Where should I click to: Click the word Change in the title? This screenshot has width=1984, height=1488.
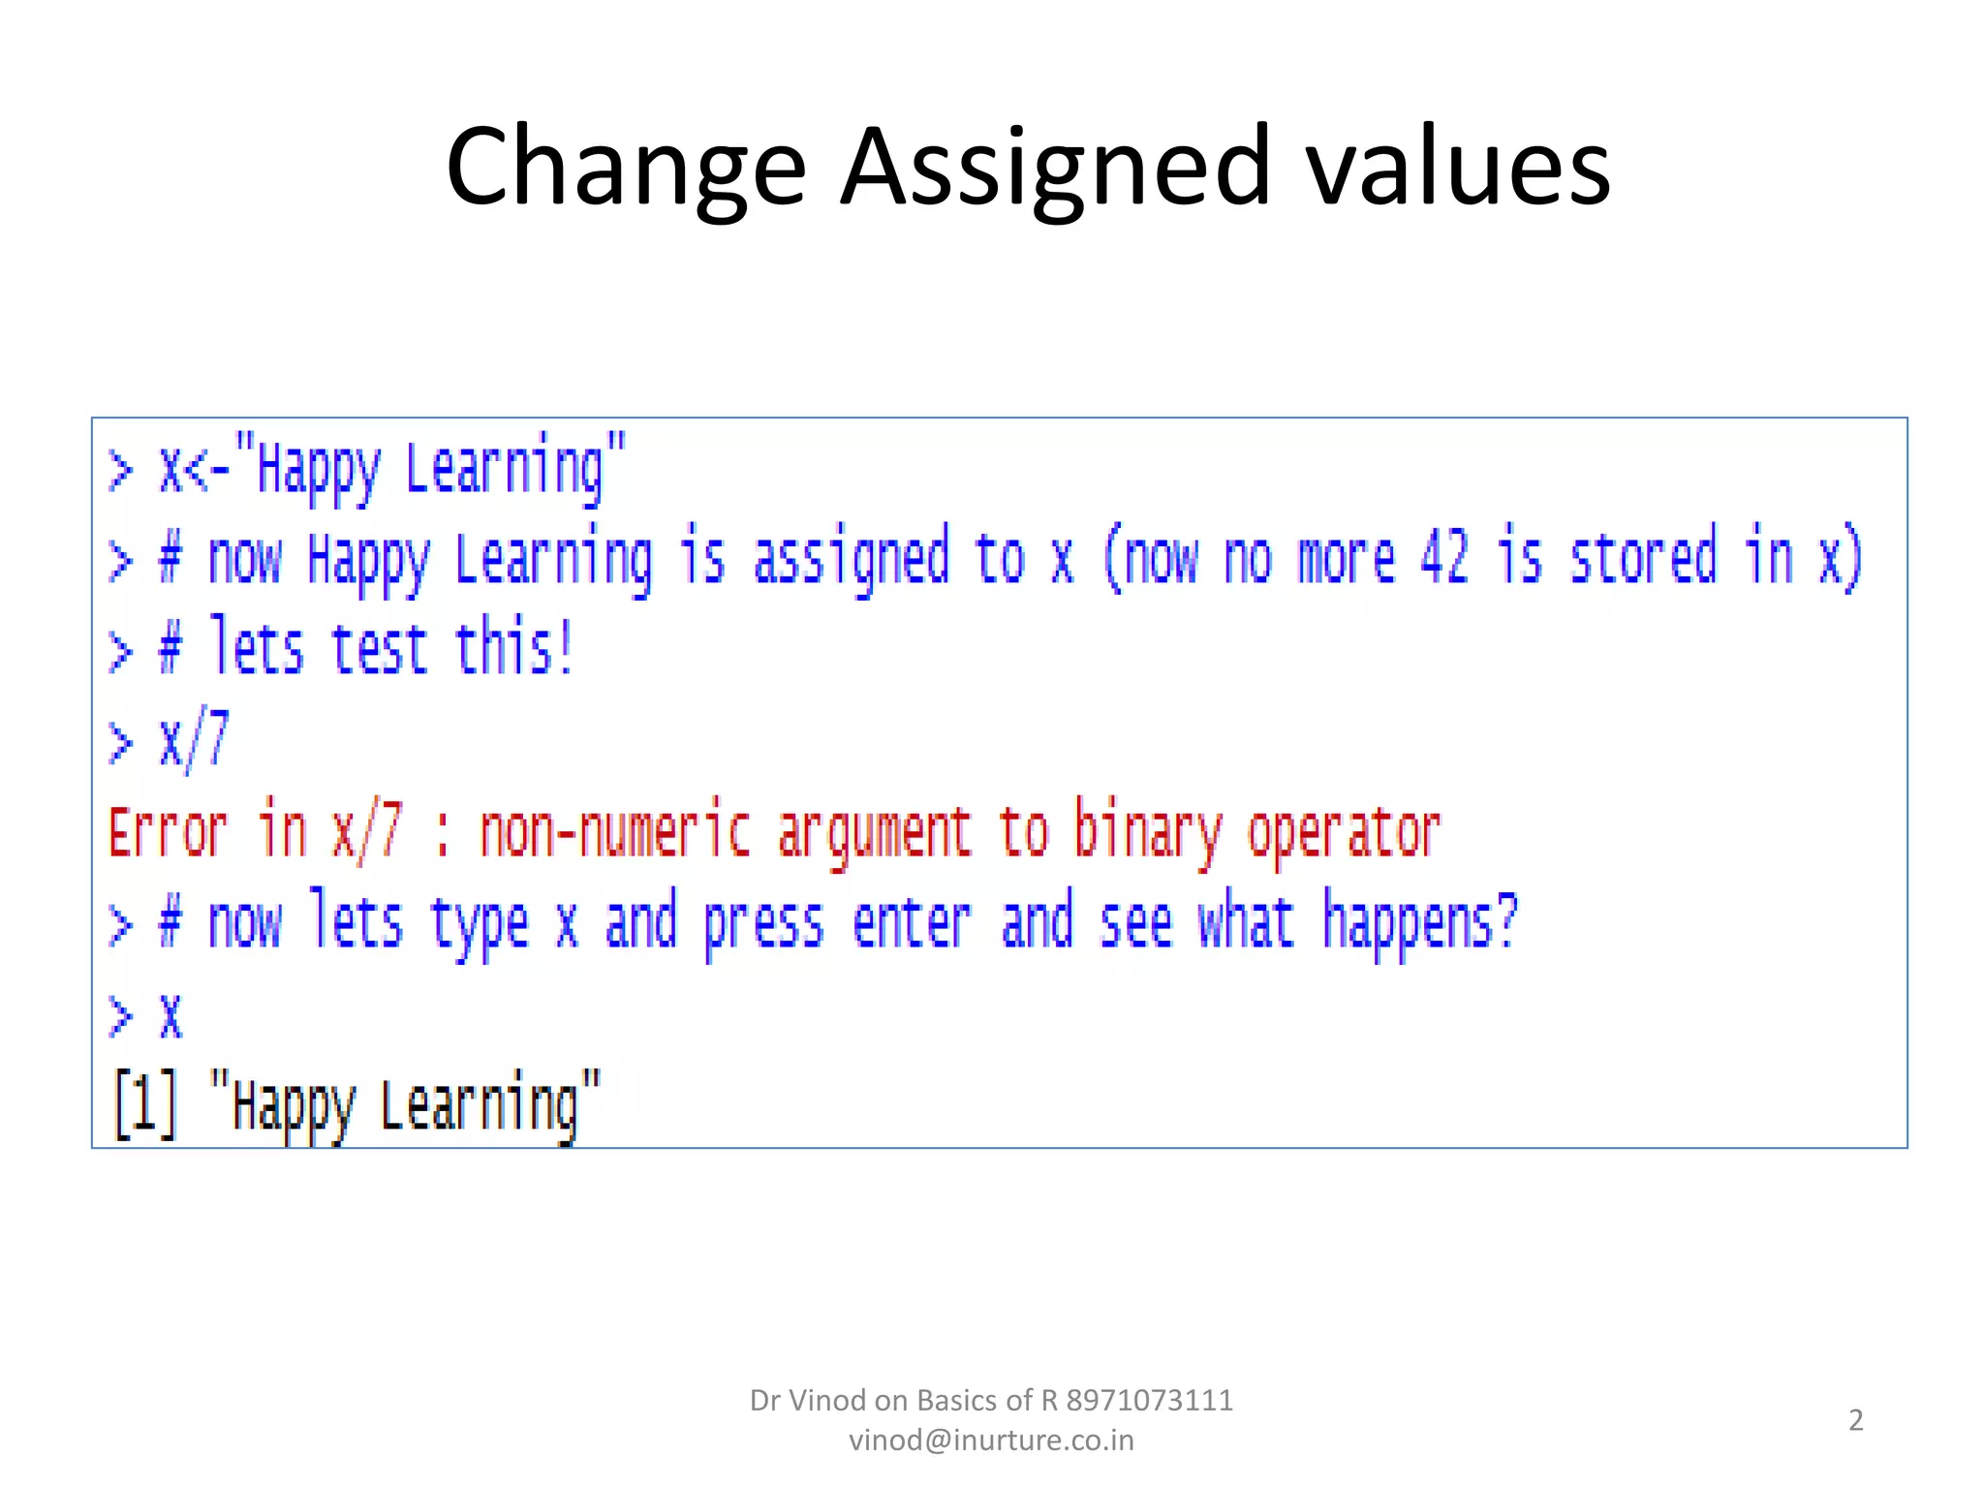(626, 167)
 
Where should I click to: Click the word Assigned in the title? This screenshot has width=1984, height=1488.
(1054, 167)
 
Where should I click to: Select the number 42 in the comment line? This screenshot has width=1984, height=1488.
(1444, 558)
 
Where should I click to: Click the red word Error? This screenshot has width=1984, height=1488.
(169, 833)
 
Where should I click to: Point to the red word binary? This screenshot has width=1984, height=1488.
(1149, 833)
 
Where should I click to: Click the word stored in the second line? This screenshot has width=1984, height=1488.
(1643, 558)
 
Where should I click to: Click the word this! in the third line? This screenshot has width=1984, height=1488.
(514, 648)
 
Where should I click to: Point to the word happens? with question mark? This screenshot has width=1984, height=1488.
(1420, 923)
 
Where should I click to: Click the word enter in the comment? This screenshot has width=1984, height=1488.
(912, 923)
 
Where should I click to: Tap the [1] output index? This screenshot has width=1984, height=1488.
(145, 1104)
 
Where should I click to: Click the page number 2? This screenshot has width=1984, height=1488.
(1855, 1420)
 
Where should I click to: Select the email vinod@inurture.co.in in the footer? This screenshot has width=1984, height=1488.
(991, 1441)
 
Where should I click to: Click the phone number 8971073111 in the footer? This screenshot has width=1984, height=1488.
(1150, 1401)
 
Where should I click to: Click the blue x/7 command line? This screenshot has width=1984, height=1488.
(194, 741)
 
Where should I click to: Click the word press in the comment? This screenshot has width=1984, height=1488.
(763, 923)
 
